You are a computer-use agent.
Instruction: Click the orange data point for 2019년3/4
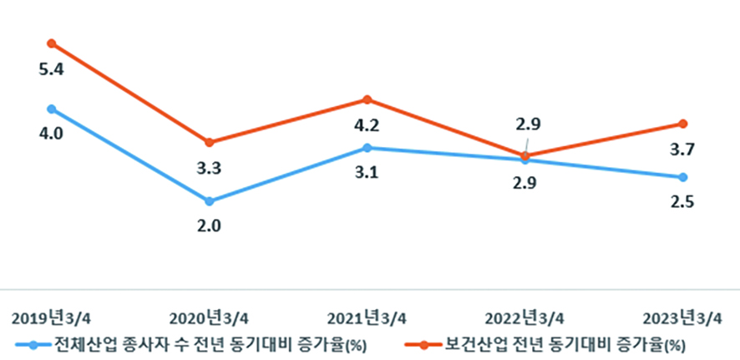click(x=52, y=43)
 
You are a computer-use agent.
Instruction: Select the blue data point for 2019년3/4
click(x=52, y=109)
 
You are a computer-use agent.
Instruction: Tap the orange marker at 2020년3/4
click(x=210, y=142)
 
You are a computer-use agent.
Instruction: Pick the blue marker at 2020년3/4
click(x=210, y=201)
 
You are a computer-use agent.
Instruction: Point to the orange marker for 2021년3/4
click(x=367, y=100)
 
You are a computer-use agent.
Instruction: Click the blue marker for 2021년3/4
click(x=367, y=148)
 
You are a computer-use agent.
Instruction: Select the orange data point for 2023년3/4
click(x=683, y=124)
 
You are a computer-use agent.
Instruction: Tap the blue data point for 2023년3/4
click(x=683, y=177)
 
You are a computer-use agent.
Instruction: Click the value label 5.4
click(x=52, y=69)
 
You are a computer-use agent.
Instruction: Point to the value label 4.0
click(x=52, y=134)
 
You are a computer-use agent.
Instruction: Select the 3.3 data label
click(x=209, y=169)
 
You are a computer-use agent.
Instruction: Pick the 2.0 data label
click(x=209, y=226)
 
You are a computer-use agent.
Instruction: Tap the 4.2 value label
click(x=367, y=127)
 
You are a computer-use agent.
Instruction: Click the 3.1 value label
click(x=367, y=174)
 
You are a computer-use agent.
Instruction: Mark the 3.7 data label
click(x=683, y=150)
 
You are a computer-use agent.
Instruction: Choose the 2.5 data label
click(x=683, y=202)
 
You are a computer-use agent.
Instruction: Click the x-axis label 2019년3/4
click(x=52, y=318)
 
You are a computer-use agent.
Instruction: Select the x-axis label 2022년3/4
click(x=525, y=318)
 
